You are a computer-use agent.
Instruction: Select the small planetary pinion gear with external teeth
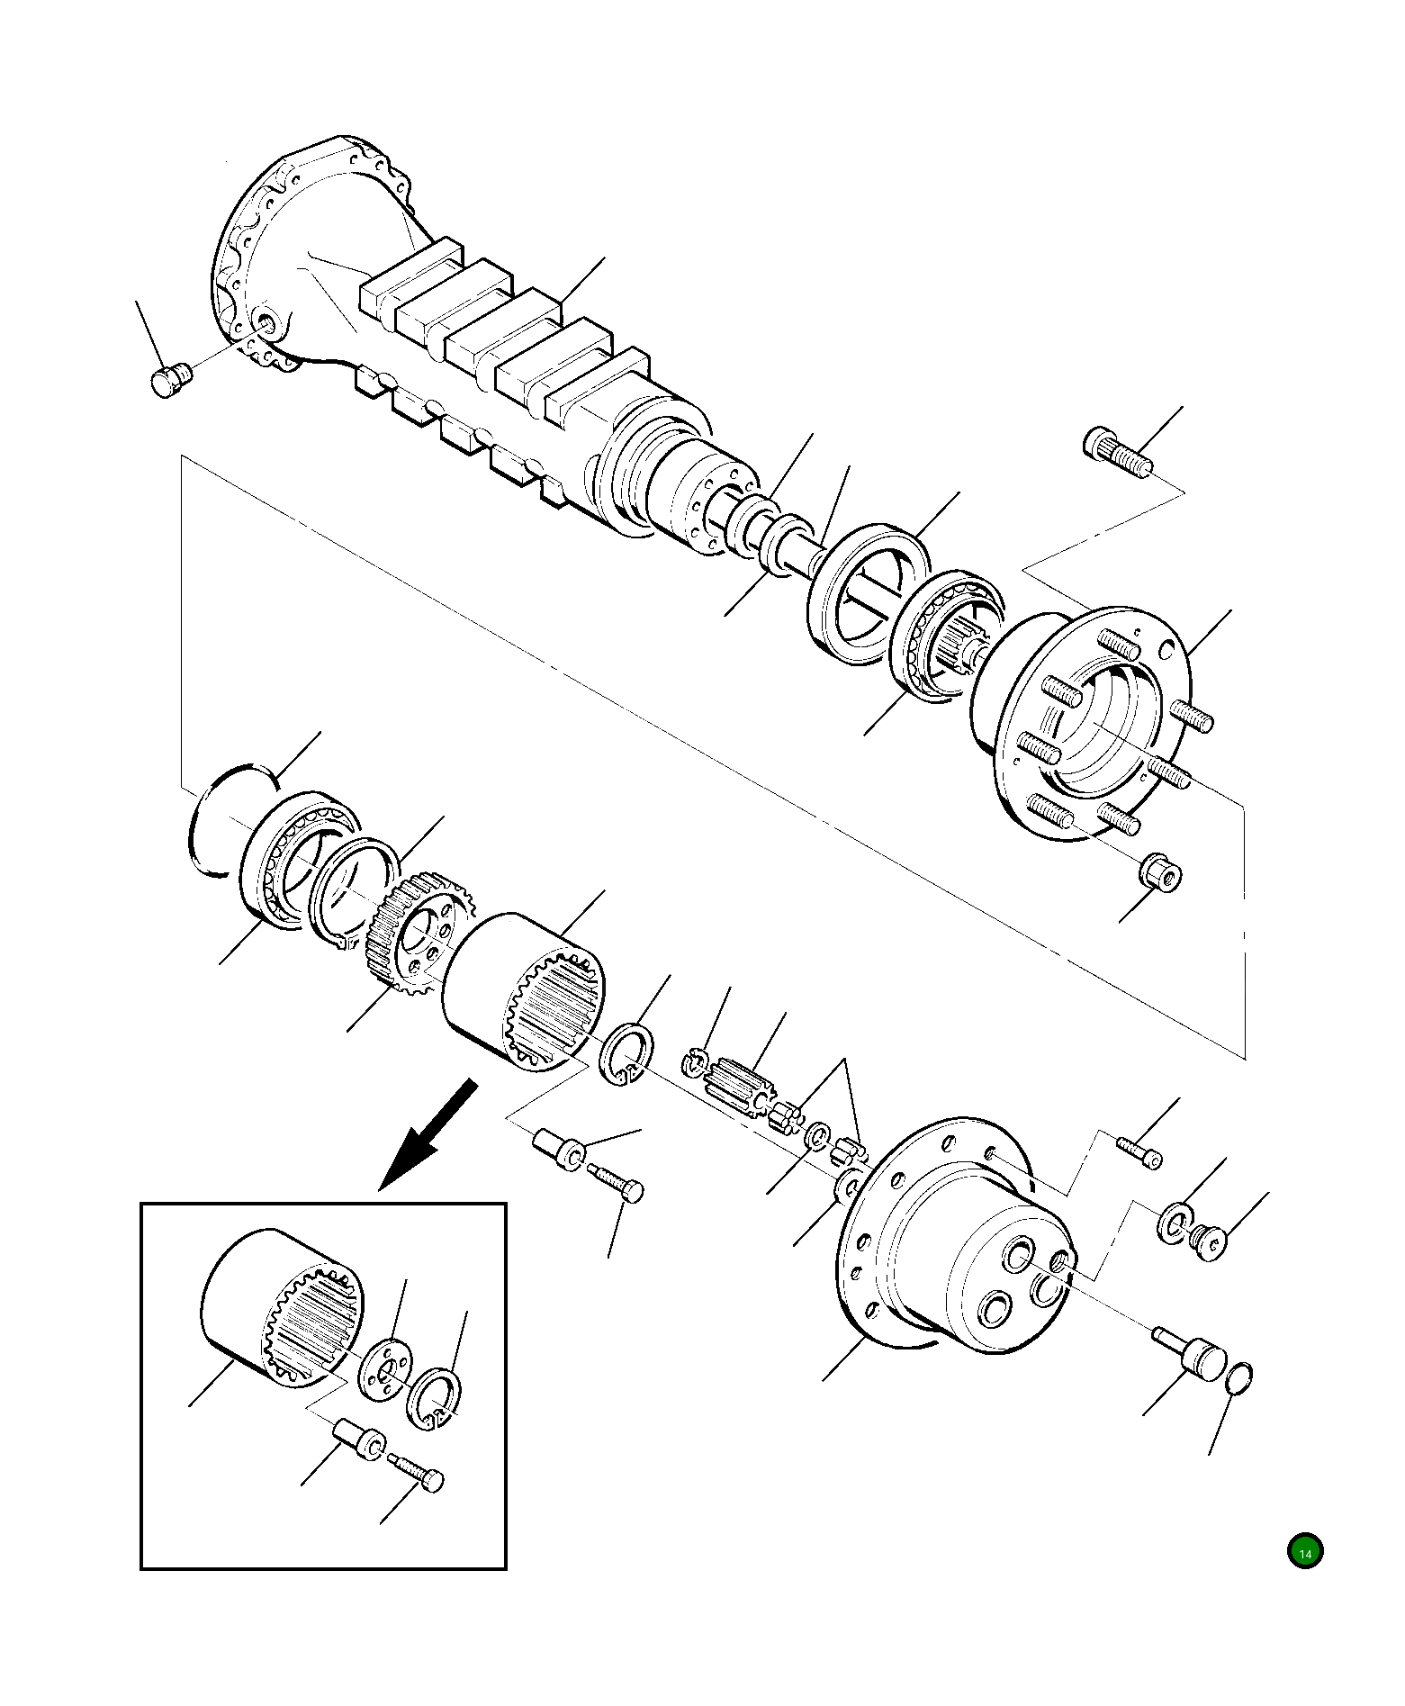click(x=740, y=1077)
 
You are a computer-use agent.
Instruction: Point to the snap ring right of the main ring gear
click(x=627, y=1052)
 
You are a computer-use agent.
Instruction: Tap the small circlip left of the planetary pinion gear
click(x=693, y=1063)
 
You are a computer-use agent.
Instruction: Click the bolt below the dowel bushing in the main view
click(x=617, y=1183)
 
